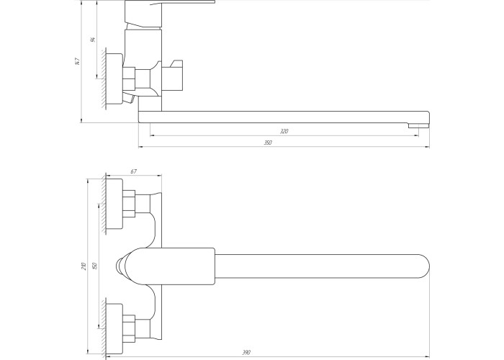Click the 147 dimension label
[x=77, y=61]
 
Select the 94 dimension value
[x=93, y=40]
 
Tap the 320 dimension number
[x=284, y=131]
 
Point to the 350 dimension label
[x=268, y=143]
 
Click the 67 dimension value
[x=134, y=171]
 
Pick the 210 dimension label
[x=84, y=266]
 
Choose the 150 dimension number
[x=94, y=266]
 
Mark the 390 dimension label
[x=246, y=353]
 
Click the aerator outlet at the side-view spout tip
[x=418, y=125]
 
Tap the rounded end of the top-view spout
[x=423, y=266]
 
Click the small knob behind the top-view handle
[x=120, y=266]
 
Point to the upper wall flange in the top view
[x=114, y=204]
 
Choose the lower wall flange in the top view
[x=114, y=328]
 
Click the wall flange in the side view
[x=114, y=78]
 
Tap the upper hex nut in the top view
[x=129, y=204]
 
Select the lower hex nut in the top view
[x=129, y=328]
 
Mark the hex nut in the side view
[x=129, y=78]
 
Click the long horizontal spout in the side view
[x=284, y=117]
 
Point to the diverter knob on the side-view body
[x=173, y=76]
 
